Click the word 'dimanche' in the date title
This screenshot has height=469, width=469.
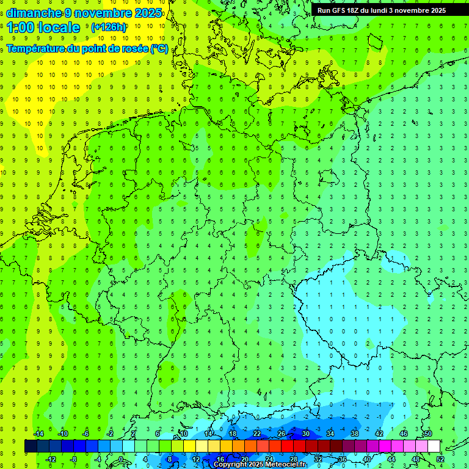pyautogui.click(x=34, y=13)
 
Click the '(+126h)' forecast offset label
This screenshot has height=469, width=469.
pyautogui.click(x=108, y=27)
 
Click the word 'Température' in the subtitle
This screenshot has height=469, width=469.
pyautogui.click(x=37, y=48)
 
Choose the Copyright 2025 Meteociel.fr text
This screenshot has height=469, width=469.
pyautogui.click(x=260, y=465)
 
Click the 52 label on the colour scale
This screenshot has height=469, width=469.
pyautogui.click(x=440, y=459)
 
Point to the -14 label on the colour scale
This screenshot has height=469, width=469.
pyautogui.click(x=38, y=434)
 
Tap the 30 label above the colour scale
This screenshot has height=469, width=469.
pyautogui.click(x=305, y=434)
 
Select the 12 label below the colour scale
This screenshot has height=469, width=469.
pyautogui.click(x=196, y=459)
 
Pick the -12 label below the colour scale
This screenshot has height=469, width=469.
pyautogui.click(x=51, y=459)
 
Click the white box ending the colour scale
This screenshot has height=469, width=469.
pyautogui.click(x=434, y=446)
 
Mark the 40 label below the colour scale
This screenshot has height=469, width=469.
pyautogui.click(x=366, y=459)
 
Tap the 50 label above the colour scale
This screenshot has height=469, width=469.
pyautogui.click(x=427, y=434)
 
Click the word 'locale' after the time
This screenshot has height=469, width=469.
pyautogui.click(x=59, y=27)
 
